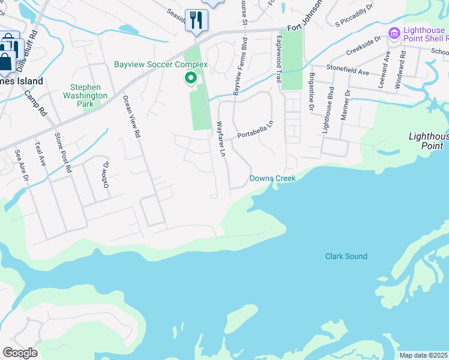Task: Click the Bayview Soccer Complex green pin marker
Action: pyautogui.click(x=191, y=78)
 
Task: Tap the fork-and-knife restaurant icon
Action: pyautogui.click(x=196, y=20)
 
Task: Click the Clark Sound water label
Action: pyautogui.click(x=346, y=256)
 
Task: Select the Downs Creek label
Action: pyautogui.click(x=273, y=178)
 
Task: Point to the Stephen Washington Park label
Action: pyautogui.click(x=85, y=95)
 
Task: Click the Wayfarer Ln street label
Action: pyautogui.click(x=220, y=140)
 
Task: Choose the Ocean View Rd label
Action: pyautogui.click(x=131, y=117)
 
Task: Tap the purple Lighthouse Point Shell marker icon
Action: pyautogui.click(x=394, y=34)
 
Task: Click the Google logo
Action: pyautogui.click(x=20, y=353)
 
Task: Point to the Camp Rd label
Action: pyautogui.click(x=35, y=102)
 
